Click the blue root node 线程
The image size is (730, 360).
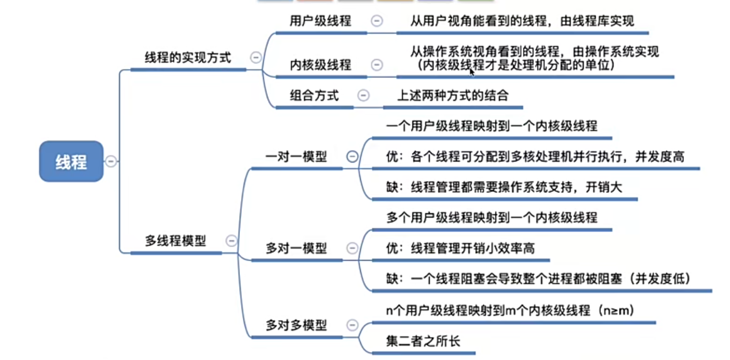71,161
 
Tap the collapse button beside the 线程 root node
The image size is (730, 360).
111,161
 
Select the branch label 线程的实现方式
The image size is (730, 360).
188,57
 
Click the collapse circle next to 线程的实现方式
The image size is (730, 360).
256,57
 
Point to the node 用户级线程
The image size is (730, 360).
320,21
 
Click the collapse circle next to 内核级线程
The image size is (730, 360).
377,65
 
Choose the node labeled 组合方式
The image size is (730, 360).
314,96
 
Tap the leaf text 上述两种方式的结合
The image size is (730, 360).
453,96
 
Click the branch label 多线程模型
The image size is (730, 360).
175,240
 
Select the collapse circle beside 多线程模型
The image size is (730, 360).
231,240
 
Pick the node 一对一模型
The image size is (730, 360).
296,157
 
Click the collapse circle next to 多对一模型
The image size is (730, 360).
352,248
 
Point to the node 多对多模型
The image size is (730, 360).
296,325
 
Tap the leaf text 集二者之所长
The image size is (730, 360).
423,341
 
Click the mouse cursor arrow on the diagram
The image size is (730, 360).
472,72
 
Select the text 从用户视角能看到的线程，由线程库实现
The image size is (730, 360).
522,21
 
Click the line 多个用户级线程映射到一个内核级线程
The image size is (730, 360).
492,217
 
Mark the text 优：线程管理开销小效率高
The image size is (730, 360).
460,248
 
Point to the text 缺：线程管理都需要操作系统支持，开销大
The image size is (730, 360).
504,187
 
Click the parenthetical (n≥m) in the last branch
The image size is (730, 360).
616,310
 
